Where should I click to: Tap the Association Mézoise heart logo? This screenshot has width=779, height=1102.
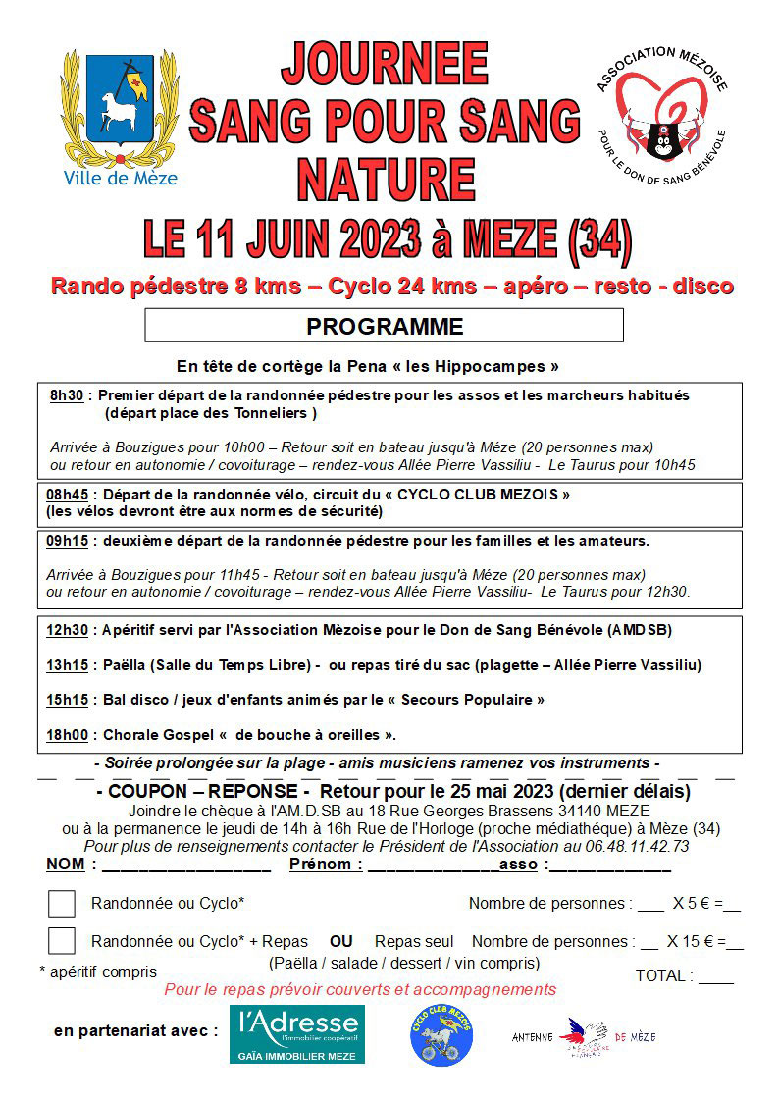pos(660,113)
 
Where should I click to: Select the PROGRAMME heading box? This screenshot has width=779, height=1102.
pos(384,325)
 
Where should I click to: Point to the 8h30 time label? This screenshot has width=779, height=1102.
pos(67,395)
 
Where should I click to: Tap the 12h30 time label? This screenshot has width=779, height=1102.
pos(67,629)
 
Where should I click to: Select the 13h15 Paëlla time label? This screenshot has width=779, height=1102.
pos(67,665)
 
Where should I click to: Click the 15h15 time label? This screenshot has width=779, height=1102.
pos(67,700)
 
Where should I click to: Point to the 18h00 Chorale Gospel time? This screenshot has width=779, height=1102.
pos(67,734)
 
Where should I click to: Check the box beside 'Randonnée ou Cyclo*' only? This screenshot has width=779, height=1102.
pos(62,903)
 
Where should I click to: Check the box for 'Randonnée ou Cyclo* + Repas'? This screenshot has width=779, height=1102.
pos(62,940)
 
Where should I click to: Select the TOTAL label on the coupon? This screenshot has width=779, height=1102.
pos(663,976)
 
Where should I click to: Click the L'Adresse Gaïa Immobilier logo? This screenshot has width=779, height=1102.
pos(296,1033)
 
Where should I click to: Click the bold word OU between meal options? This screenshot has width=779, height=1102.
pos(340,940)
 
